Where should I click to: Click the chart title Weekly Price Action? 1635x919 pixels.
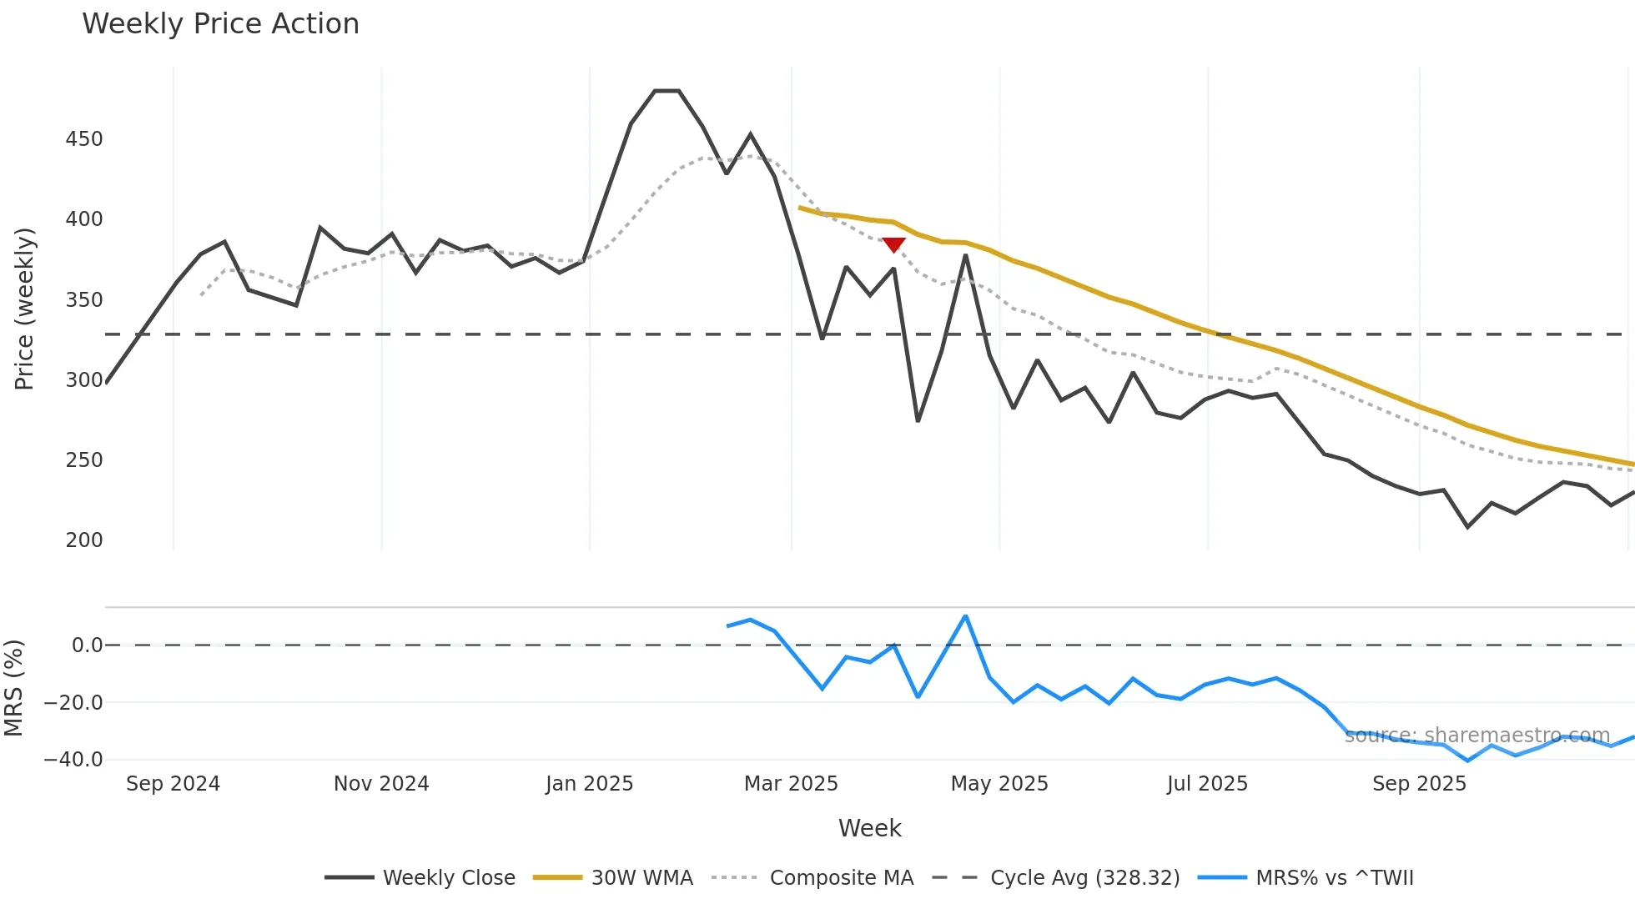coord(220,24)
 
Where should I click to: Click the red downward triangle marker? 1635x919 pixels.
coord(893,244)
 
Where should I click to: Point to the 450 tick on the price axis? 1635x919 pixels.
coord(84,139)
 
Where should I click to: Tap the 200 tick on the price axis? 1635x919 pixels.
coord(84,540)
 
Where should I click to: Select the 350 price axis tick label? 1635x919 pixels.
coord(84,300)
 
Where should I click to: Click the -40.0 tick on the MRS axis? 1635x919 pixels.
coord(73,760)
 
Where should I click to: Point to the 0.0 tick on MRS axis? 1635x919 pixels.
coord(87,645)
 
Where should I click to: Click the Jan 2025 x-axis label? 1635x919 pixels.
coord(589,784)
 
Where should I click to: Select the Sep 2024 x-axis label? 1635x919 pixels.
coord(173,784)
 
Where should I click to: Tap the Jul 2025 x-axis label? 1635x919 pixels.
coord(1207,784)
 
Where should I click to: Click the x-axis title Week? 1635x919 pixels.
coord(869,828)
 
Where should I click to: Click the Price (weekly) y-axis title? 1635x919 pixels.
coord(24,309)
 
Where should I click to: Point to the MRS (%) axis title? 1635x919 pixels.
coord(13,688)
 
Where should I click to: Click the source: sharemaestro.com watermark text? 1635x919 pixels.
coord(1477,736)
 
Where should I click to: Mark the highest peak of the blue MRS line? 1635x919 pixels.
coord(965,616)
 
